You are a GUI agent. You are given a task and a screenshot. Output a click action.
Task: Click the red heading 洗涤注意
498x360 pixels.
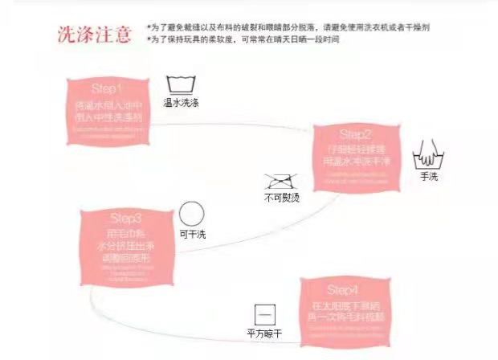pyautogui.click(x=94, y=35)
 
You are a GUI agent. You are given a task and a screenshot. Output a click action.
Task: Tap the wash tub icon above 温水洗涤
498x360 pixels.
pyautogui.click(x=180, y=84)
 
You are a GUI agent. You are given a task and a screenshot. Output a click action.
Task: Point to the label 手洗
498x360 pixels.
pyautogui.click(x=428, y=175)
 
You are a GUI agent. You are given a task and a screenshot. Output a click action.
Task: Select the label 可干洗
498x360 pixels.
pyautogui.click(x=190, y=235)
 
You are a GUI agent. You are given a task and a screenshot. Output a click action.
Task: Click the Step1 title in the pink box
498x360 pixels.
pyautogui.click(x=108, y=88)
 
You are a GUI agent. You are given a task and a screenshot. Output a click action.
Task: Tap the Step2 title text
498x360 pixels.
pyautogui.click(x=356, y=133)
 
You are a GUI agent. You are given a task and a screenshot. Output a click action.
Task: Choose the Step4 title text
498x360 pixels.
pyautogui.click(x=345, y=289)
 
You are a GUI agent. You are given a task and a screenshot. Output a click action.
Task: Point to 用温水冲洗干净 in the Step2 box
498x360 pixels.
pyautogui.click(x=356, y=160)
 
